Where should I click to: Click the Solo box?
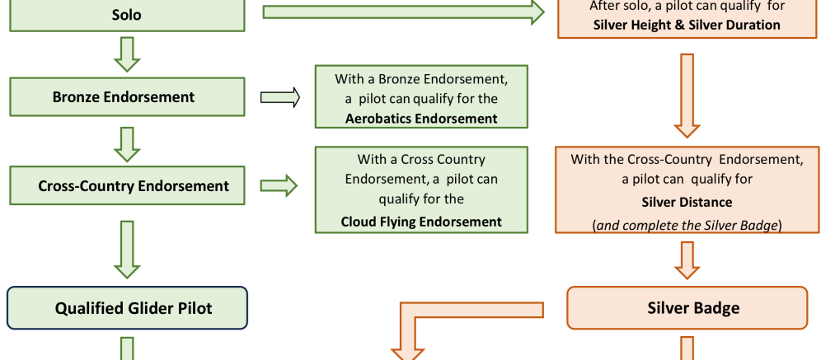pyautogui.click(x=126, y=15)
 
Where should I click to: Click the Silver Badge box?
pyautogui.click(x=687, y=308)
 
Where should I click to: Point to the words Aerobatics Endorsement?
pyautogui.click(x=421, y=119)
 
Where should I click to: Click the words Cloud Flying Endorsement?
pyautogui.click(x=421, y=221)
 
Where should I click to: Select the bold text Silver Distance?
pyautogui.click(x=687, y=201)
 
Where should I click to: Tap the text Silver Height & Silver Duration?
pyautogui.click(x=687, y=25)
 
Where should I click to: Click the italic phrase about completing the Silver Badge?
pyautogui.click(x=687, y=224)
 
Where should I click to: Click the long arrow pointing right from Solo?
pyautogui.click(x=404, y=12)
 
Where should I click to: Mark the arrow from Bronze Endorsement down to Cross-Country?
pyautogui.click(x=126, y=143)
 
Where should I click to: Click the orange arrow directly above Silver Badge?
pyautogui.click(x=687, y=259)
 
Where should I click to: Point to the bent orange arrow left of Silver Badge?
pyautogui.click(x=445, y=321)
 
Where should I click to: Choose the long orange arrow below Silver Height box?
pyautogui.click(x=687, y=95)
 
